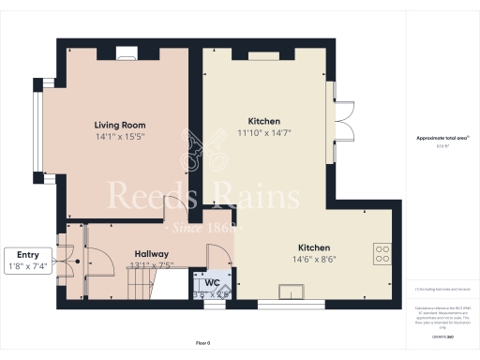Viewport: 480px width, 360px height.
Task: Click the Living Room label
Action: coord(120,125)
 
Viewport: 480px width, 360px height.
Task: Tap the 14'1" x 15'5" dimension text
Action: coord(120,136)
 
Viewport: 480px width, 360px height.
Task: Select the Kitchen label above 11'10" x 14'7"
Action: coord(263,122)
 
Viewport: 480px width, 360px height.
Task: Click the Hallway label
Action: coord(152,254)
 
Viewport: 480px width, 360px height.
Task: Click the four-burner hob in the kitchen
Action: coord(382,252)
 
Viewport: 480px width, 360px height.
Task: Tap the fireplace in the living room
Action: coord(125,54)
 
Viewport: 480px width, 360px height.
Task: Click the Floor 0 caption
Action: coord(202,344)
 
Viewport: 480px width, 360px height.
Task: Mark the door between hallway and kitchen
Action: coord(223,251)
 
